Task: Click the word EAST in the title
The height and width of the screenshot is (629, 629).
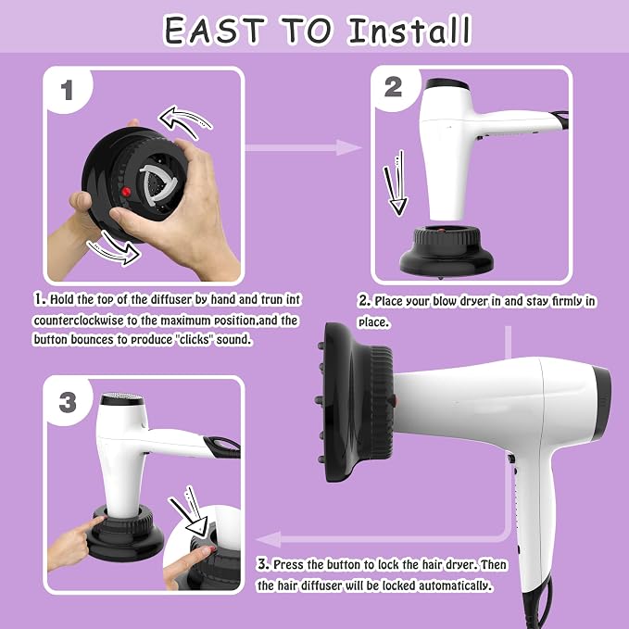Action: tap(215, 31)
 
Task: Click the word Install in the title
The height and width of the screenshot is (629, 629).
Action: tap(409, 31)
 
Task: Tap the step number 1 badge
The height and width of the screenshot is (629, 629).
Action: tap(67, 90)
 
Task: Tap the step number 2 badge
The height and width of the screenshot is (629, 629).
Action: tap(393, 87)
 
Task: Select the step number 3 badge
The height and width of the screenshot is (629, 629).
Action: tap(68, 401)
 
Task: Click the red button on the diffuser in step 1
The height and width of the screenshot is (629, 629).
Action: tap(126, 192)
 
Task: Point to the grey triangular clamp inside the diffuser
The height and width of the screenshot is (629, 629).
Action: tap(157, 185)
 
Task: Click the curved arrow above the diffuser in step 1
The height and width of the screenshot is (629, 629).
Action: tap(185, 120)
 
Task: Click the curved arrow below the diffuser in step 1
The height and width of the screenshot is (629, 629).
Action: tap(114, 247)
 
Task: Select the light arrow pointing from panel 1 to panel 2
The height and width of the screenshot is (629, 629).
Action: tap(303, 147)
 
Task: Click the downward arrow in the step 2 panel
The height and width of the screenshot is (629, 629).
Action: tap(396, 183)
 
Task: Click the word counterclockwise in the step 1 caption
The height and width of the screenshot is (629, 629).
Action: tap(80, 321)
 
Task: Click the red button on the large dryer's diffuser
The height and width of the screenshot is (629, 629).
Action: tap(394, 400)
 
